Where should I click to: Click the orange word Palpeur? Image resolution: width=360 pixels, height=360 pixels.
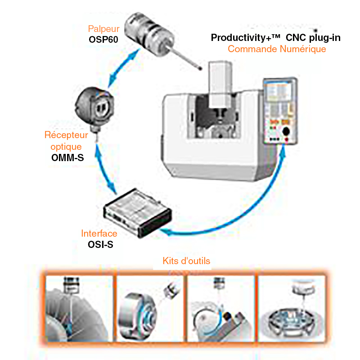coord(103,29)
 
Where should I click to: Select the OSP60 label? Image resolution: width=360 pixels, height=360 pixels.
coord(103,40)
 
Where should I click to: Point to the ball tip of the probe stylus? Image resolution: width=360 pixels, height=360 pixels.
coord(200,68)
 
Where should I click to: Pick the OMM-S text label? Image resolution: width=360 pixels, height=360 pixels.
coord(67,158)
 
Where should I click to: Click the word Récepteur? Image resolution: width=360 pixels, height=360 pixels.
coord(66,135)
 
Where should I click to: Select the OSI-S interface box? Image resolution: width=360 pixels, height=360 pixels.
coord(137,213)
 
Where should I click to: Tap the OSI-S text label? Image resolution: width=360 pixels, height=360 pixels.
coord(100,244)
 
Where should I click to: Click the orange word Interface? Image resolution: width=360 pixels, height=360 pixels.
coord(99,234)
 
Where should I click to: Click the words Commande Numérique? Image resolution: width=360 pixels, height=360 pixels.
coord(277,49)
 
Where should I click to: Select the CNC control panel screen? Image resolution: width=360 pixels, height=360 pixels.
coord(279,92)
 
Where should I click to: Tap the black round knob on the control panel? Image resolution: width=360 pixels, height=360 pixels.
coord(286,131)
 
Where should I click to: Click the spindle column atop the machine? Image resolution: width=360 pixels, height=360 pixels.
coord(220,85)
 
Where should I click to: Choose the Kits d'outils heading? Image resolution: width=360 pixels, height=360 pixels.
coord(186,261)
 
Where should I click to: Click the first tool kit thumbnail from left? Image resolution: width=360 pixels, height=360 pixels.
coord(79,308)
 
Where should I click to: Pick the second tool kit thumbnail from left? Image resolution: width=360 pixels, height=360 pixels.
coord(150,308)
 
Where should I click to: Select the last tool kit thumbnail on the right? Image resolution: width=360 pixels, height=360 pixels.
coord(292,308)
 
